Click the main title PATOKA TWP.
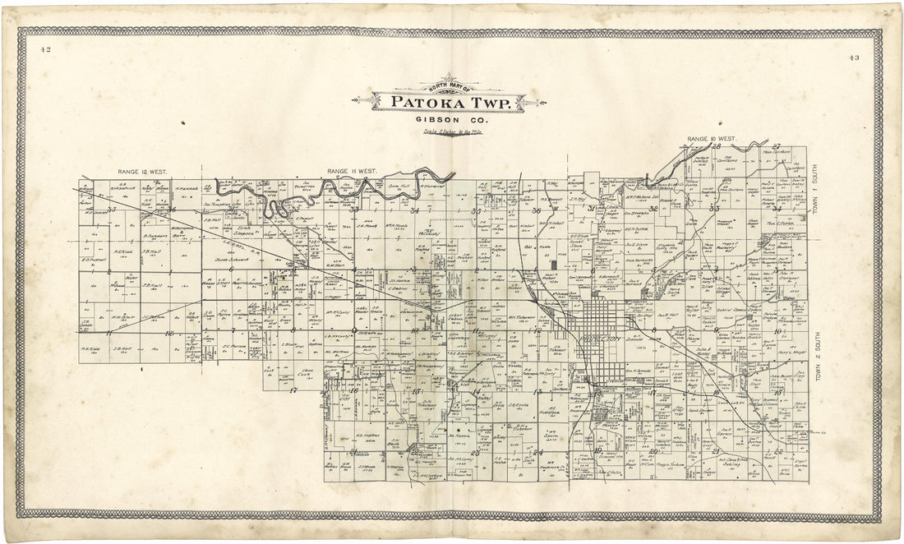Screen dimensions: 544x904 tap(454, 104)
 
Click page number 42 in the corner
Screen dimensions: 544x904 tap(45, 49)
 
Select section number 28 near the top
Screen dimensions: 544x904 tap(716, 147)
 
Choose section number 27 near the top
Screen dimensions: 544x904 tap(775, 146)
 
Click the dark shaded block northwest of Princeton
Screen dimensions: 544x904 tap(555, 265)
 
